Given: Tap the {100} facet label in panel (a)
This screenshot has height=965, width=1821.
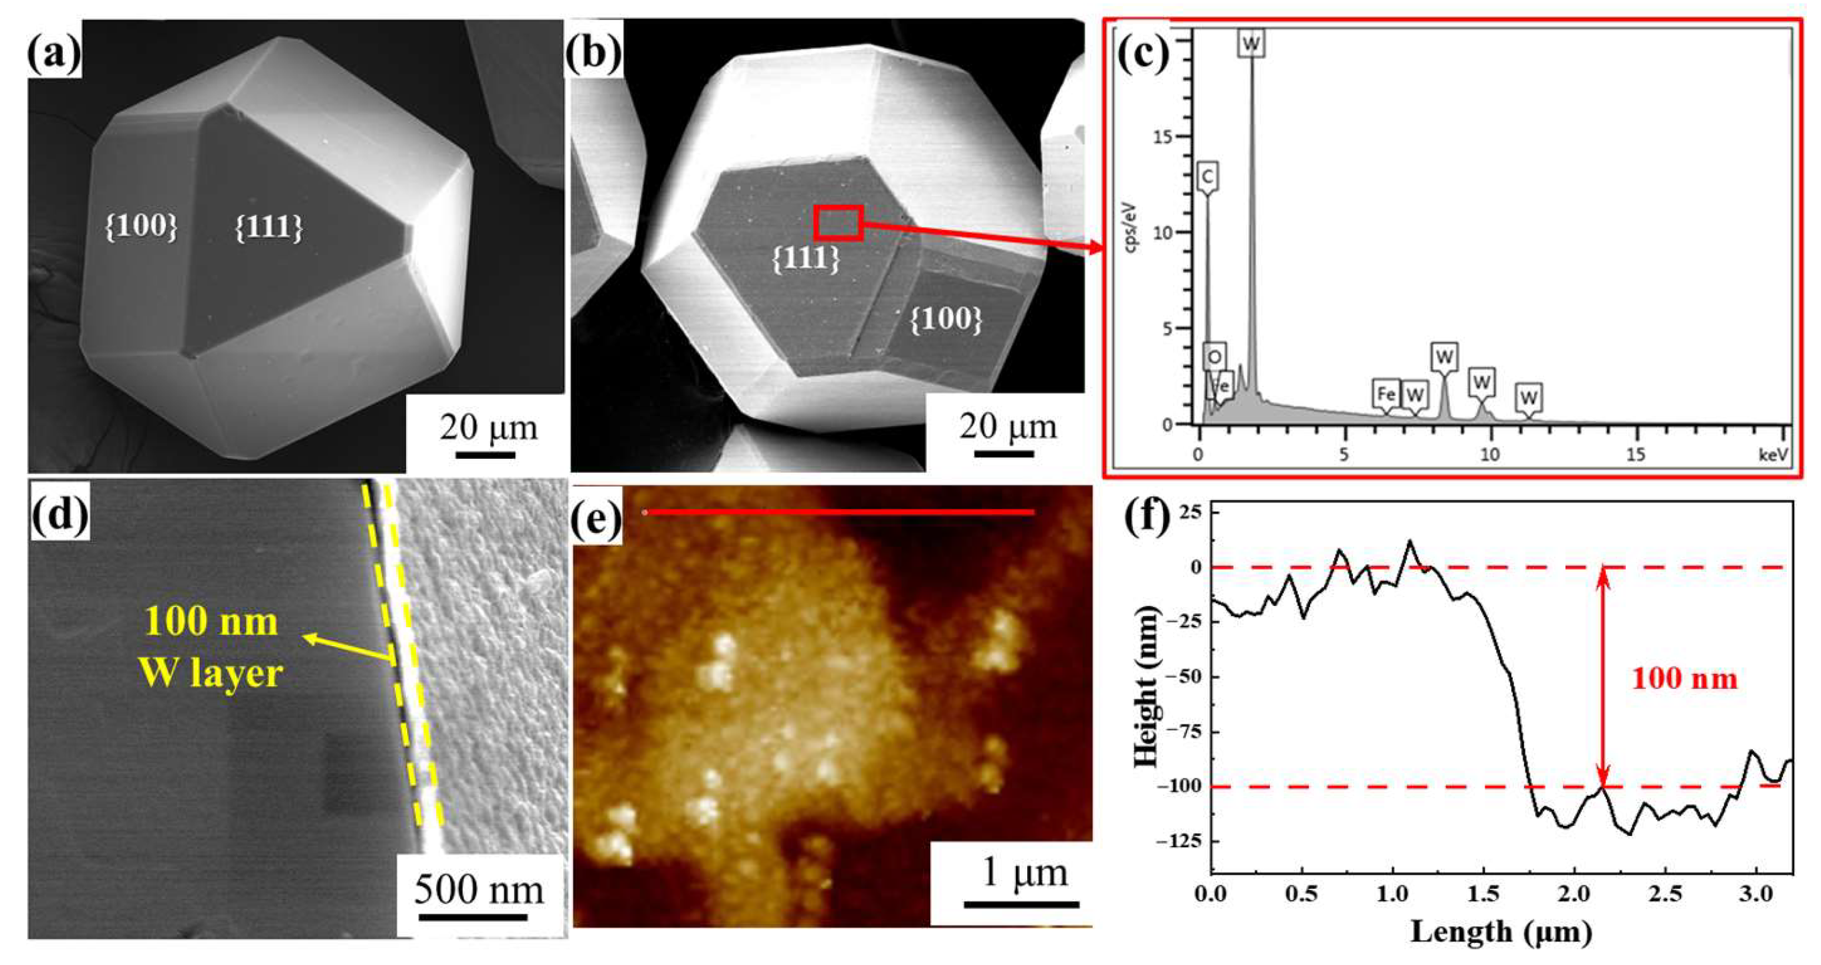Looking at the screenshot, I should tap(141, 226).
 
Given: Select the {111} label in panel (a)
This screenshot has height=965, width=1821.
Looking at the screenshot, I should tap(269, 227).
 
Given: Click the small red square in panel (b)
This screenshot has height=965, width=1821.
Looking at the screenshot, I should tap(838, 223).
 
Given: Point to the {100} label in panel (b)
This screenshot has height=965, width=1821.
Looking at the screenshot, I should tap(946, 320).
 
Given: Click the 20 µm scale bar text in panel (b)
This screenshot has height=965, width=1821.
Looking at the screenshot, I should tap(1007, 427).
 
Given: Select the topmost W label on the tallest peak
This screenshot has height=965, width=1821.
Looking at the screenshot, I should tap(1251, 44).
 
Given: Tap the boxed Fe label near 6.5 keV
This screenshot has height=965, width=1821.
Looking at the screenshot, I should tap(1386, 393).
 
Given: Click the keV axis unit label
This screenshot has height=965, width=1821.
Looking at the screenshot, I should tap(1774, 455).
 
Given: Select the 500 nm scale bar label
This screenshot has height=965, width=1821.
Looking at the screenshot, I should tap(479, 889).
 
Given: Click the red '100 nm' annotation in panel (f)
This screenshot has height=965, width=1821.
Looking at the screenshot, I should tap(1685, 679).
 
